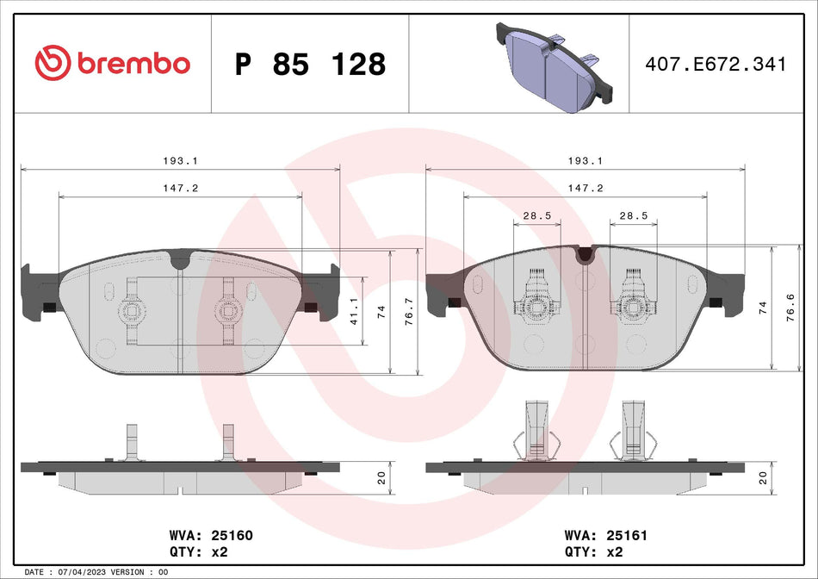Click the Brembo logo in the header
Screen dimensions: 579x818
112,63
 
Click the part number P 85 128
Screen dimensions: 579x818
310,64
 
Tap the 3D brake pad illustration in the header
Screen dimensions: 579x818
552,63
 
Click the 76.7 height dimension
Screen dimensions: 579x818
409,312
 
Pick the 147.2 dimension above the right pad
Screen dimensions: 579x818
586,188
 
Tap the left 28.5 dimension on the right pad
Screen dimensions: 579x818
536,216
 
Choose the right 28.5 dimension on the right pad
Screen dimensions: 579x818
634,216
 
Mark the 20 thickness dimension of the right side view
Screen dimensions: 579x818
763,479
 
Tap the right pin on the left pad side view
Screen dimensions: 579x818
228,443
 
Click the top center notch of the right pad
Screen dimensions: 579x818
586,252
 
